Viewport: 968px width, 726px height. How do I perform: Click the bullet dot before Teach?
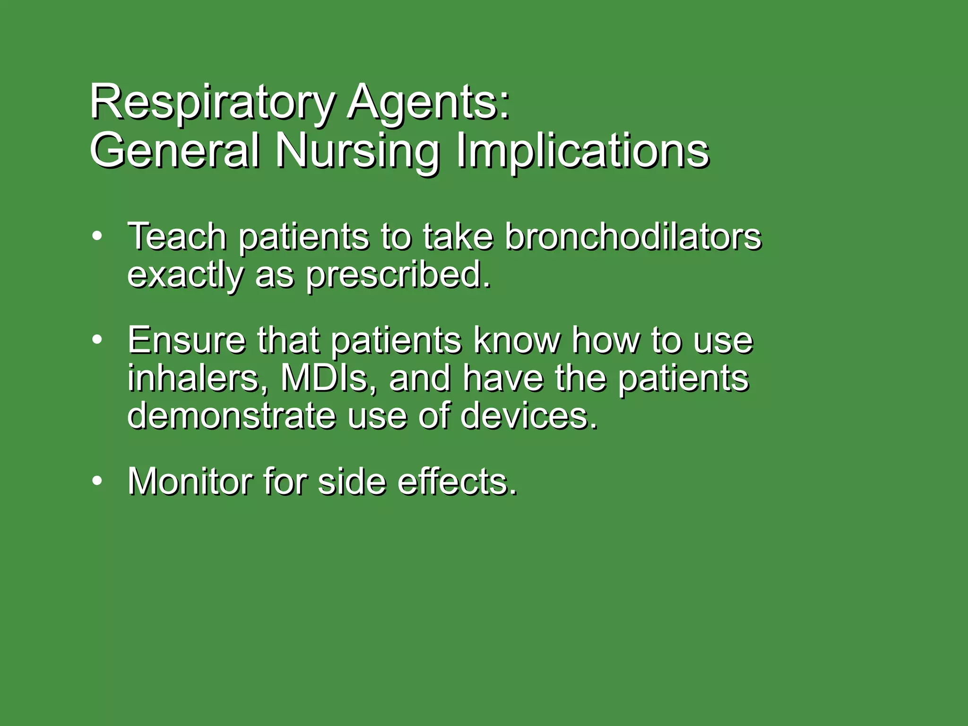[97, 236]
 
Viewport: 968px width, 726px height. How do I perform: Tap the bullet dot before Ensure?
[97, 339]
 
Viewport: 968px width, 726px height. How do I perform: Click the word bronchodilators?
[633, 236]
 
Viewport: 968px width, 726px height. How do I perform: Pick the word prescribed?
[398, 275]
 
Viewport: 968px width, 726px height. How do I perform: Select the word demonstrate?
[232, 416]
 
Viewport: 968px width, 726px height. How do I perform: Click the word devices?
[529, 416]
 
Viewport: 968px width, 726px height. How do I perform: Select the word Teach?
[177, 236]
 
